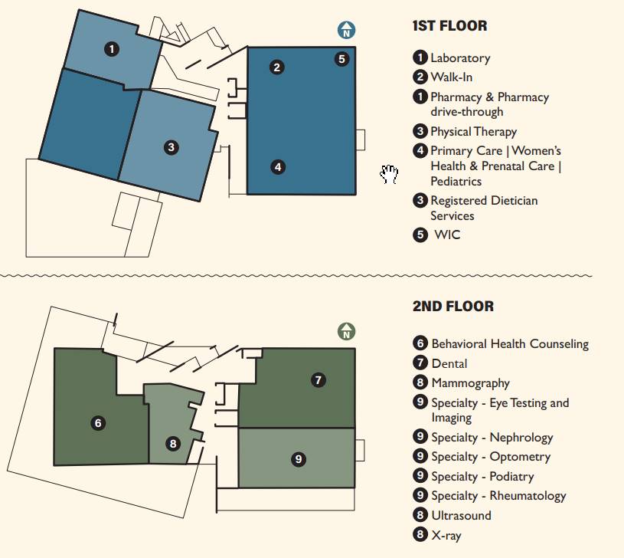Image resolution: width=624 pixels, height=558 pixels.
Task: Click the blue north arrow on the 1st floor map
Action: (x=346, y=30)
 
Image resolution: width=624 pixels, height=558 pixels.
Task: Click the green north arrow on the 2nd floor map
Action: (x=346, y=331)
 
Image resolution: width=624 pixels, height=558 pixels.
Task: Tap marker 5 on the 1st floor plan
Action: (x=341, y=59)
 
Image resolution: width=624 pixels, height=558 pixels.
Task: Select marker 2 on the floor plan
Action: (x=277, y=67)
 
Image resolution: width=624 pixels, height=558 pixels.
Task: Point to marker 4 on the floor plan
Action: (x=278, y=167)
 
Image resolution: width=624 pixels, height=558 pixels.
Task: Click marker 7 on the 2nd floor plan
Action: (x=319, y=380)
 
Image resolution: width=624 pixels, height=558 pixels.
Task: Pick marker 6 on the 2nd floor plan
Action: (x=98, y=422)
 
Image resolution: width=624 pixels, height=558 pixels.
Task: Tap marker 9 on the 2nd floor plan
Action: (x=299, y=459)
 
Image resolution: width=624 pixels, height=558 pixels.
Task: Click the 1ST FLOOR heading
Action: (x=449, y=26)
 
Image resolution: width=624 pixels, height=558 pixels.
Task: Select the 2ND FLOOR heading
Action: (x=452, y=307)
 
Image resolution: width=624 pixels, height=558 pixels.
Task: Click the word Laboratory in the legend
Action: (x=460, y=58)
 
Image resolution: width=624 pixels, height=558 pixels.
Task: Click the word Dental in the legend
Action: (x=449, y=363)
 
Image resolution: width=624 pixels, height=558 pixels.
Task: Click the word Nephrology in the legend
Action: (x=521, y=438)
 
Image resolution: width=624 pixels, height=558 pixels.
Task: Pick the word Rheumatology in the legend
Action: (x=528, y=496)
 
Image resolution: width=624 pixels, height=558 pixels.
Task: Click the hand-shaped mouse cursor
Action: (x=389, y=174)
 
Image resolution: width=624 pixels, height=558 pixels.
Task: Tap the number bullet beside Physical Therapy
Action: (x=420, y=131)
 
